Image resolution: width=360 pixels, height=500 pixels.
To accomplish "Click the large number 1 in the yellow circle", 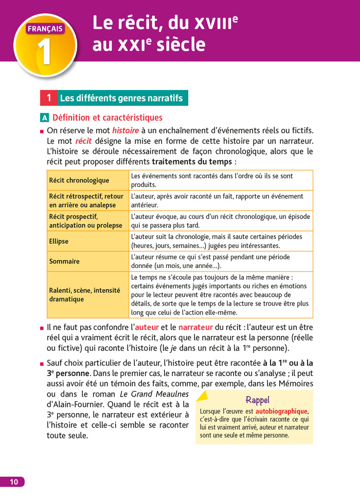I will pyautogui.click(x=45, y=52).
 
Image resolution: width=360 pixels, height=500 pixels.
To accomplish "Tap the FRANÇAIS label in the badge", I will pyautogui.click(x=45, y=29).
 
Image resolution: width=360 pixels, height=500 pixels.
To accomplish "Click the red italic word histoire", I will pyautogui.click(x=125, y=131).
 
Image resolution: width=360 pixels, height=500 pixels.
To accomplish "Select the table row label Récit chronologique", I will pyautogui.click(x=79, y=181).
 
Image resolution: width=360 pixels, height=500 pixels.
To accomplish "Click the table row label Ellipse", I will pyautogui.click(x=59, y=241).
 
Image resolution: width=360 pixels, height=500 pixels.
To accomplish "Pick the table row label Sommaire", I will pyautogui.click(x=64, y=261).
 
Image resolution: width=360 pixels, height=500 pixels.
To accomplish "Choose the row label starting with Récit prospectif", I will pyautogui.click(x=85, y=221).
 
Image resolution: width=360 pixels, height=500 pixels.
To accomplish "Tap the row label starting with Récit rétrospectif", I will pyautogui.click(x=86, y=201).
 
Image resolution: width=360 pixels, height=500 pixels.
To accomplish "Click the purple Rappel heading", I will pyautogui.click(x=257, y=400).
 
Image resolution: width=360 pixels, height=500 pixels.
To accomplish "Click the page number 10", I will pyautogui.click(x=13, y=481).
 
